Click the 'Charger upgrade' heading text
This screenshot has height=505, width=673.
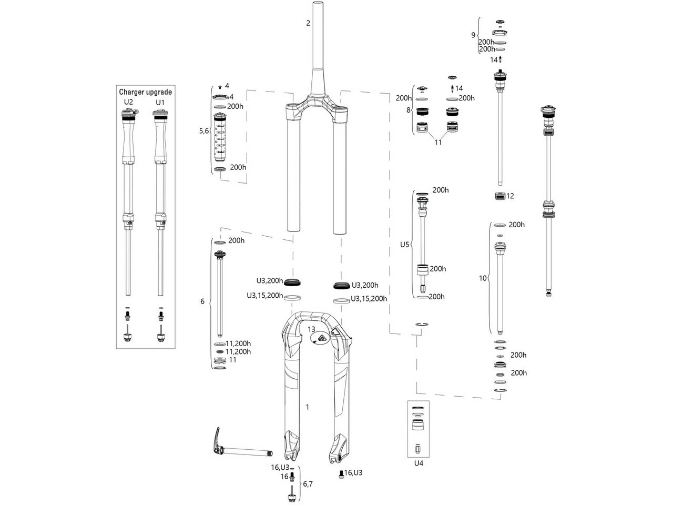(x=145, y=92)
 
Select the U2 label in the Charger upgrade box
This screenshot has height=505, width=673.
(x=128, y=102)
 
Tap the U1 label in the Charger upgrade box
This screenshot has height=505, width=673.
(x=160, y=102)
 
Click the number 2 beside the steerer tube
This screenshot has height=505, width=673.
(x=308, y=23)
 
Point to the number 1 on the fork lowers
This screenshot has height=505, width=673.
(x=308, y=407)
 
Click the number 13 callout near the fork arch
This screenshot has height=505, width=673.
(x=311, y=330)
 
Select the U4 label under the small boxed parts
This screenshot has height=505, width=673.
(x=419, y=463)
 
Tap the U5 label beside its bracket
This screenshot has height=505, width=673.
(x=404, y=245)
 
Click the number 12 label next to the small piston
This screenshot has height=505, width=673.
(x=510, y=196)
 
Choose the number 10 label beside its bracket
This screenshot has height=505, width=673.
(x=483, y=278)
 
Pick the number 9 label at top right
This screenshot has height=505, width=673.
(x=473, y=35)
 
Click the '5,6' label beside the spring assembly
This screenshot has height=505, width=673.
(x=204, y=131)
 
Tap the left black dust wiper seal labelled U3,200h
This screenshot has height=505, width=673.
(x=292, y=282)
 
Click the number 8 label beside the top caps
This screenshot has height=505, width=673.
(x=408, y=110)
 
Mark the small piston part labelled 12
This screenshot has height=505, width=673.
(x=499, y=196)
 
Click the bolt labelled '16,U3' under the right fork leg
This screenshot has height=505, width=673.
(x=341, y=473)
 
